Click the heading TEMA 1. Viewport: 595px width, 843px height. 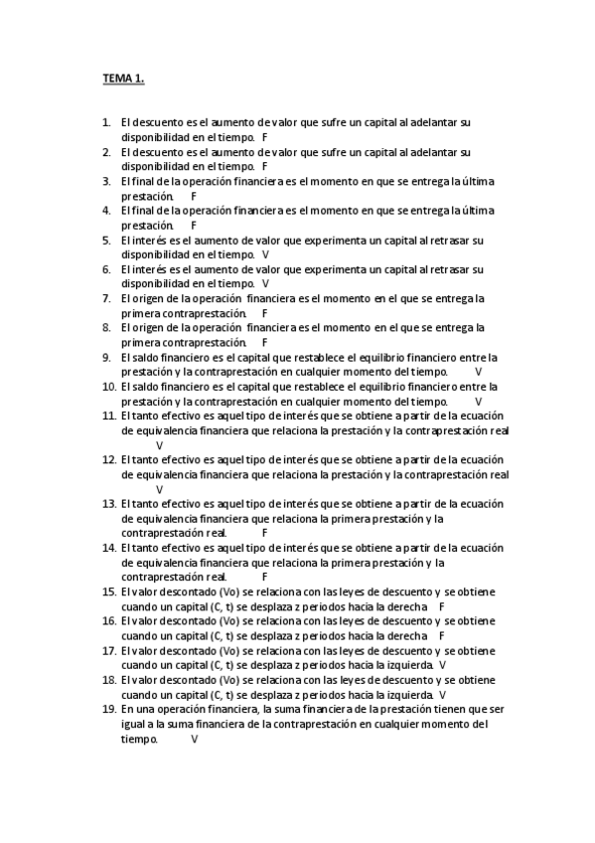(x=124, y=78)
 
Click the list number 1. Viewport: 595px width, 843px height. (x=106, y=122)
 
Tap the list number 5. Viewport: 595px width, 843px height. (x=106, y=240)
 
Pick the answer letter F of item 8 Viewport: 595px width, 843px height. (x=265, y=342)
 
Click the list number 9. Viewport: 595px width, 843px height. (x=106, y=357)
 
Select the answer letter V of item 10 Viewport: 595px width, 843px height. (x=479, y=401)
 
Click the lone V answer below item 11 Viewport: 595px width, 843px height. (x=159, y=445)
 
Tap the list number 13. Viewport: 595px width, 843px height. (x=109, y=503)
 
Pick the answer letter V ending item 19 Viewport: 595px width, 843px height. (x=194, y=739)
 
